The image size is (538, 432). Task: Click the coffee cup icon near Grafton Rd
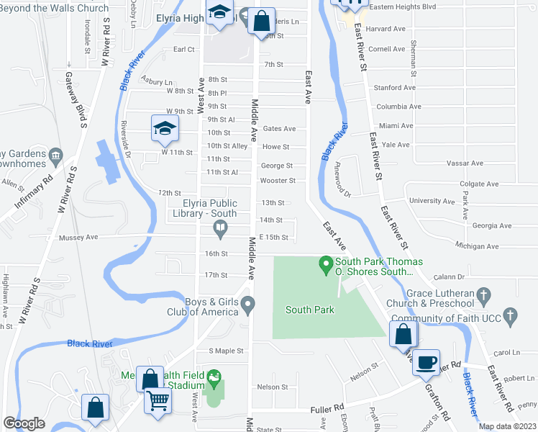(427, 361)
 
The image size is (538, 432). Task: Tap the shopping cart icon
(158, 400)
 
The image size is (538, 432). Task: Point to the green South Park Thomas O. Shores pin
(326, 266)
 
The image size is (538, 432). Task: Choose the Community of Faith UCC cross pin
(510, 315)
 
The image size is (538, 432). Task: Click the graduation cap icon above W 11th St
(165, 128)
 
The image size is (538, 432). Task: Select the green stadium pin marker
(213, 377)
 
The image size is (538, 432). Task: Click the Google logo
(24, 423)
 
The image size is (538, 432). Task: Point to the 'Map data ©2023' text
(507, 426)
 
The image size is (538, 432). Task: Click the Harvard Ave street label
(387, 29)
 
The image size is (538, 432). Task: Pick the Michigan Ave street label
(478, 246)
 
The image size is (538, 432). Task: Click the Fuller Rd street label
(324, 409)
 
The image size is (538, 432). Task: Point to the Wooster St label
(278, 181)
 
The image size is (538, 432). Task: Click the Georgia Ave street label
(492, 225)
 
